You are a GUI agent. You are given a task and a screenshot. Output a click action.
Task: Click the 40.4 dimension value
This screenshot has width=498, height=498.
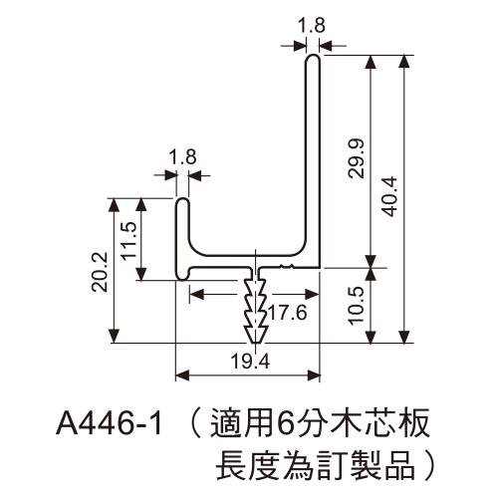click(x=389, y=196)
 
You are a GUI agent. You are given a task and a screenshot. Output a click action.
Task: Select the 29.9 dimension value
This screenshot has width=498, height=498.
click(x=357, y=158)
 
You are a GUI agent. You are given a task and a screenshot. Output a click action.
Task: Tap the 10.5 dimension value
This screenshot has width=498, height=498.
click(x=357, y=306)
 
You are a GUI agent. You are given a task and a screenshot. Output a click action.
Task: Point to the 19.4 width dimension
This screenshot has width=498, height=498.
click(x=250, y=362)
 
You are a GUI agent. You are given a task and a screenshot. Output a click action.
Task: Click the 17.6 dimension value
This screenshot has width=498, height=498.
click(x=288, y=313)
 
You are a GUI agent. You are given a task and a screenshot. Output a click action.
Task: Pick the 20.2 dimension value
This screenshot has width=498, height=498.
click(x=100, y=272)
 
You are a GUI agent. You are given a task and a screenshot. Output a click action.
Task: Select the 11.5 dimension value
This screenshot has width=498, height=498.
click(x=128, y=240)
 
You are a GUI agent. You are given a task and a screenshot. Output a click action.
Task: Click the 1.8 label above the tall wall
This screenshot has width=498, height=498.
click(x=312, y=25)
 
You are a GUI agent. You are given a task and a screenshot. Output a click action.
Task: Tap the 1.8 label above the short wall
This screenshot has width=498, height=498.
click(x=183, y=156)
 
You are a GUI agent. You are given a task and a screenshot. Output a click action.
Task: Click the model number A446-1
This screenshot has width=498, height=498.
click(x=110, y=424)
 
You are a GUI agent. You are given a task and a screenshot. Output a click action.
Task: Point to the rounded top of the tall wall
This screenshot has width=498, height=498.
click(x=313, y=56)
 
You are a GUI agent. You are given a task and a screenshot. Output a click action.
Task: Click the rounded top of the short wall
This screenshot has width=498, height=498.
click(x=182, y=200)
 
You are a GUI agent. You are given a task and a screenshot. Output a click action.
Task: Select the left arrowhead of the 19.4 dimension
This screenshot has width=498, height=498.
click(x=182, y=375)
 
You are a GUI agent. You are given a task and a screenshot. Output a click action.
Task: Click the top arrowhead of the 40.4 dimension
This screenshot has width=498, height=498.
click(x=404, y=62)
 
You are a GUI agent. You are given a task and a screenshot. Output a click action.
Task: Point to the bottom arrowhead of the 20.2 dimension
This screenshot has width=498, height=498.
click(x=115, y=336)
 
